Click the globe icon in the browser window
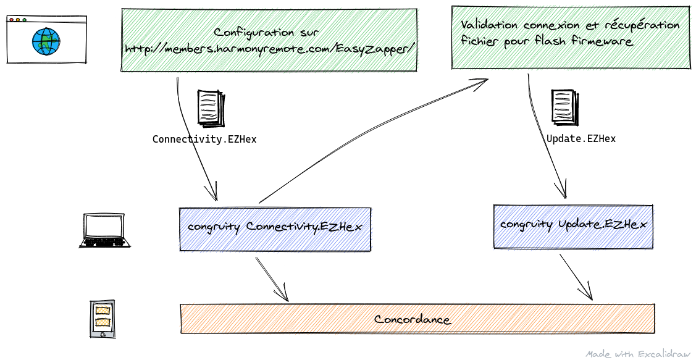[46, 41]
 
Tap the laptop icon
[105, 231]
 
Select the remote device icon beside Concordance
[101, 319]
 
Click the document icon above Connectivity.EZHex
[208, 109]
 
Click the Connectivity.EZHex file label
[204, 140]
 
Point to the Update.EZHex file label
[581, 139]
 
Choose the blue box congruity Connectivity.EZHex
[275, 227]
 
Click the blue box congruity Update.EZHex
[573, 225]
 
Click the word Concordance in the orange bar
[413, 319]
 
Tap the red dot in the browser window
[11, 20]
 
